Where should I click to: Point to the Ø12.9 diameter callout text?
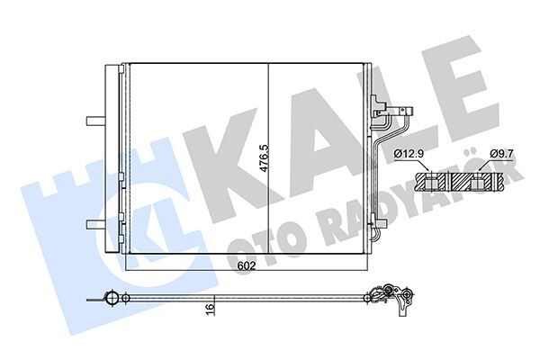(x=409, y=154)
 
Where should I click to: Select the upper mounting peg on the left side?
(x=92, y=119)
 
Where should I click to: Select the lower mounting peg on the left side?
(x=92, y=225)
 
